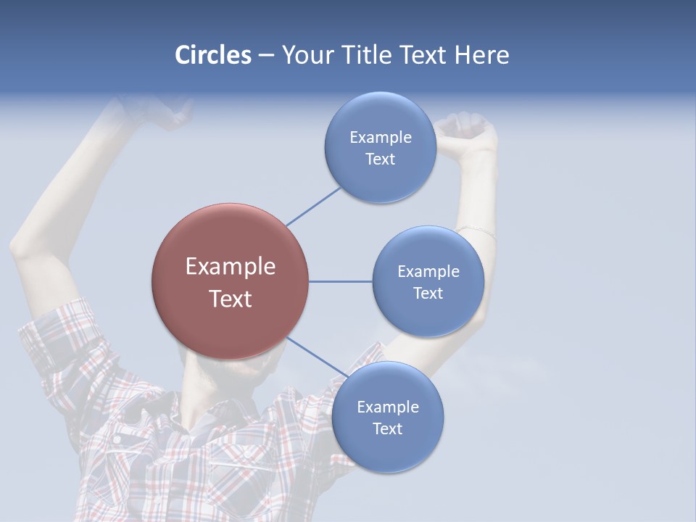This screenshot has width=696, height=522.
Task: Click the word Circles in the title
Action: point(212,55)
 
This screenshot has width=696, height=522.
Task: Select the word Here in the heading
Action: point(481,55)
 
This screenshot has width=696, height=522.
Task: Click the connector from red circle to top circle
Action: point(313,206)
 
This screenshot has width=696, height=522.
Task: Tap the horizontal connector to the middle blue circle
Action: point(340,281)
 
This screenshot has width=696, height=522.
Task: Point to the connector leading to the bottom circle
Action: point(317,357)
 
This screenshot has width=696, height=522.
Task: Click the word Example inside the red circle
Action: point(230,266)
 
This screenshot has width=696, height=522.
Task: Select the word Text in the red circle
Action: point(230,299)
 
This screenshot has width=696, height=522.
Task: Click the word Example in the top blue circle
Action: point(380,138)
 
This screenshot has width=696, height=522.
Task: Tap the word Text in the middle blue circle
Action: point(428,293)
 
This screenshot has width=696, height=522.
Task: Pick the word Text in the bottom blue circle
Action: point(388,428)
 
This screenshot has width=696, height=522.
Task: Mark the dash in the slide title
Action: point(266,55)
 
